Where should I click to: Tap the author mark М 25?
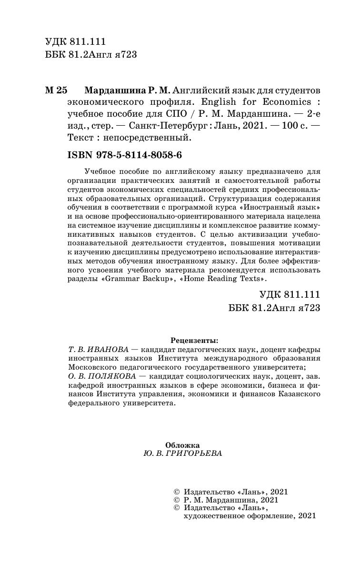57,90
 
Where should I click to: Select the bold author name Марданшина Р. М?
127,90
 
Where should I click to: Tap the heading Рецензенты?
194,341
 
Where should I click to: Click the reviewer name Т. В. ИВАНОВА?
99,350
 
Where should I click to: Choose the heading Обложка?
182,444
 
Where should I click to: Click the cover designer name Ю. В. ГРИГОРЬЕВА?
182,453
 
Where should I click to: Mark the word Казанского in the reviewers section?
297,394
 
